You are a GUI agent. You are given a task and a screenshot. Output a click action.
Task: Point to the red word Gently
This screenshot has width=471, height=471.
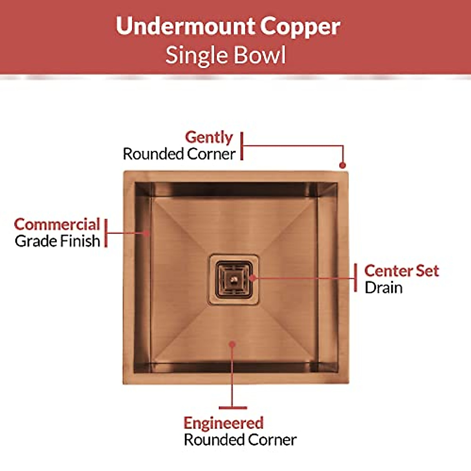click(209, 137)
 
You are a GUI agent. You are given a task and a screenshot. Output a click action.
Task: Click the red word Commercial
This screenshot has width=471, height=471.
click(57, 225)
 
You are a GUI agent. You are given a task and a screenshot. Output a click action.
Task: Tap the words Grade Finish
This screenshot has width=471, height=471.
click(57, 241)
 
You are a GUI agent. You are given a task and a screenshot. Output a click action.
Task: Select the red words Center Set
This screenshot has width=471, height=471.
click(401, 271)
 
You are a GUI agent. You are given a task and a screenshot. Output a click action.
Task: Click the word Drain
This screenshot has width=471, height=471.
click(383, 288)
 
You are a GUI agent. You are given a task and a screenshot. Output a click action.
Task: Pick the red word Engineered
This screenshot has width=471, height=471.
click(223, 423)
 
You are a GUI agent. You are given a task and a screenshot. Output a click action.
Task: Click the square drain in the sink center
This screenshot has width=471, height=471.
click(234, 279)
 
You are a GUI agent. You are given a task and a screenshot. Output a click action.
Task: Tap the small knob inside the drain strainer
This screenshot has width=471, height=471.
click(234, 279)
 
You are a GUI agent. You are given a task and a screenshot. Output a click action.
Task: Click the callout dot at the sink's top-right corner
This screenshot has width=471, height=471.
click(342, 166)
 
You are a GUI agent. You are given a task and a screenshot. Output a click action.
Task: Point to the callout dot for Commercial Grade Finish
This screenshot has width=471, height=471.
click(147, 233)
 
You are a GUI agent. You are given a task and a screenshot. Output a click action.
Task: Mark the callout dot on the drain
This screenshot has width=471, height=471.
click(253, 278)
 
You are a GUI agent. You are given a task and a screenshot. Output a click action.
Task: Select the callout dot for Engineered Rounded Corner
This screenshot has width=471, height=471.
click(232, 344)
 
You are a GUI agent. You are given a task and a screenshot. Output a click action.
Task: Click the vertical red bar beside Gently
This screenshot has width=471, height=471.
click(242, 146)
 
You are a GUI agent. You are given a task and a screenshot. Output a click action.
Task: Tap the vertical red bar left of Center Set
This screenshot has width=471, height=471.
click(356, 278)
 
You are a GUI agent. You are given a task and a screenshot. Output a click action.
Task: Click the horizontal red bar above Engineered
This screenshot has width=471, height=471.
click(233, 408)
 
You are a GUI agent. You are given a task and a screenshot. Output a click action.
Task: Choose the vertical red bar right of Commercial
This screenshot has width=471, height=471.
click(106, 233)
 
